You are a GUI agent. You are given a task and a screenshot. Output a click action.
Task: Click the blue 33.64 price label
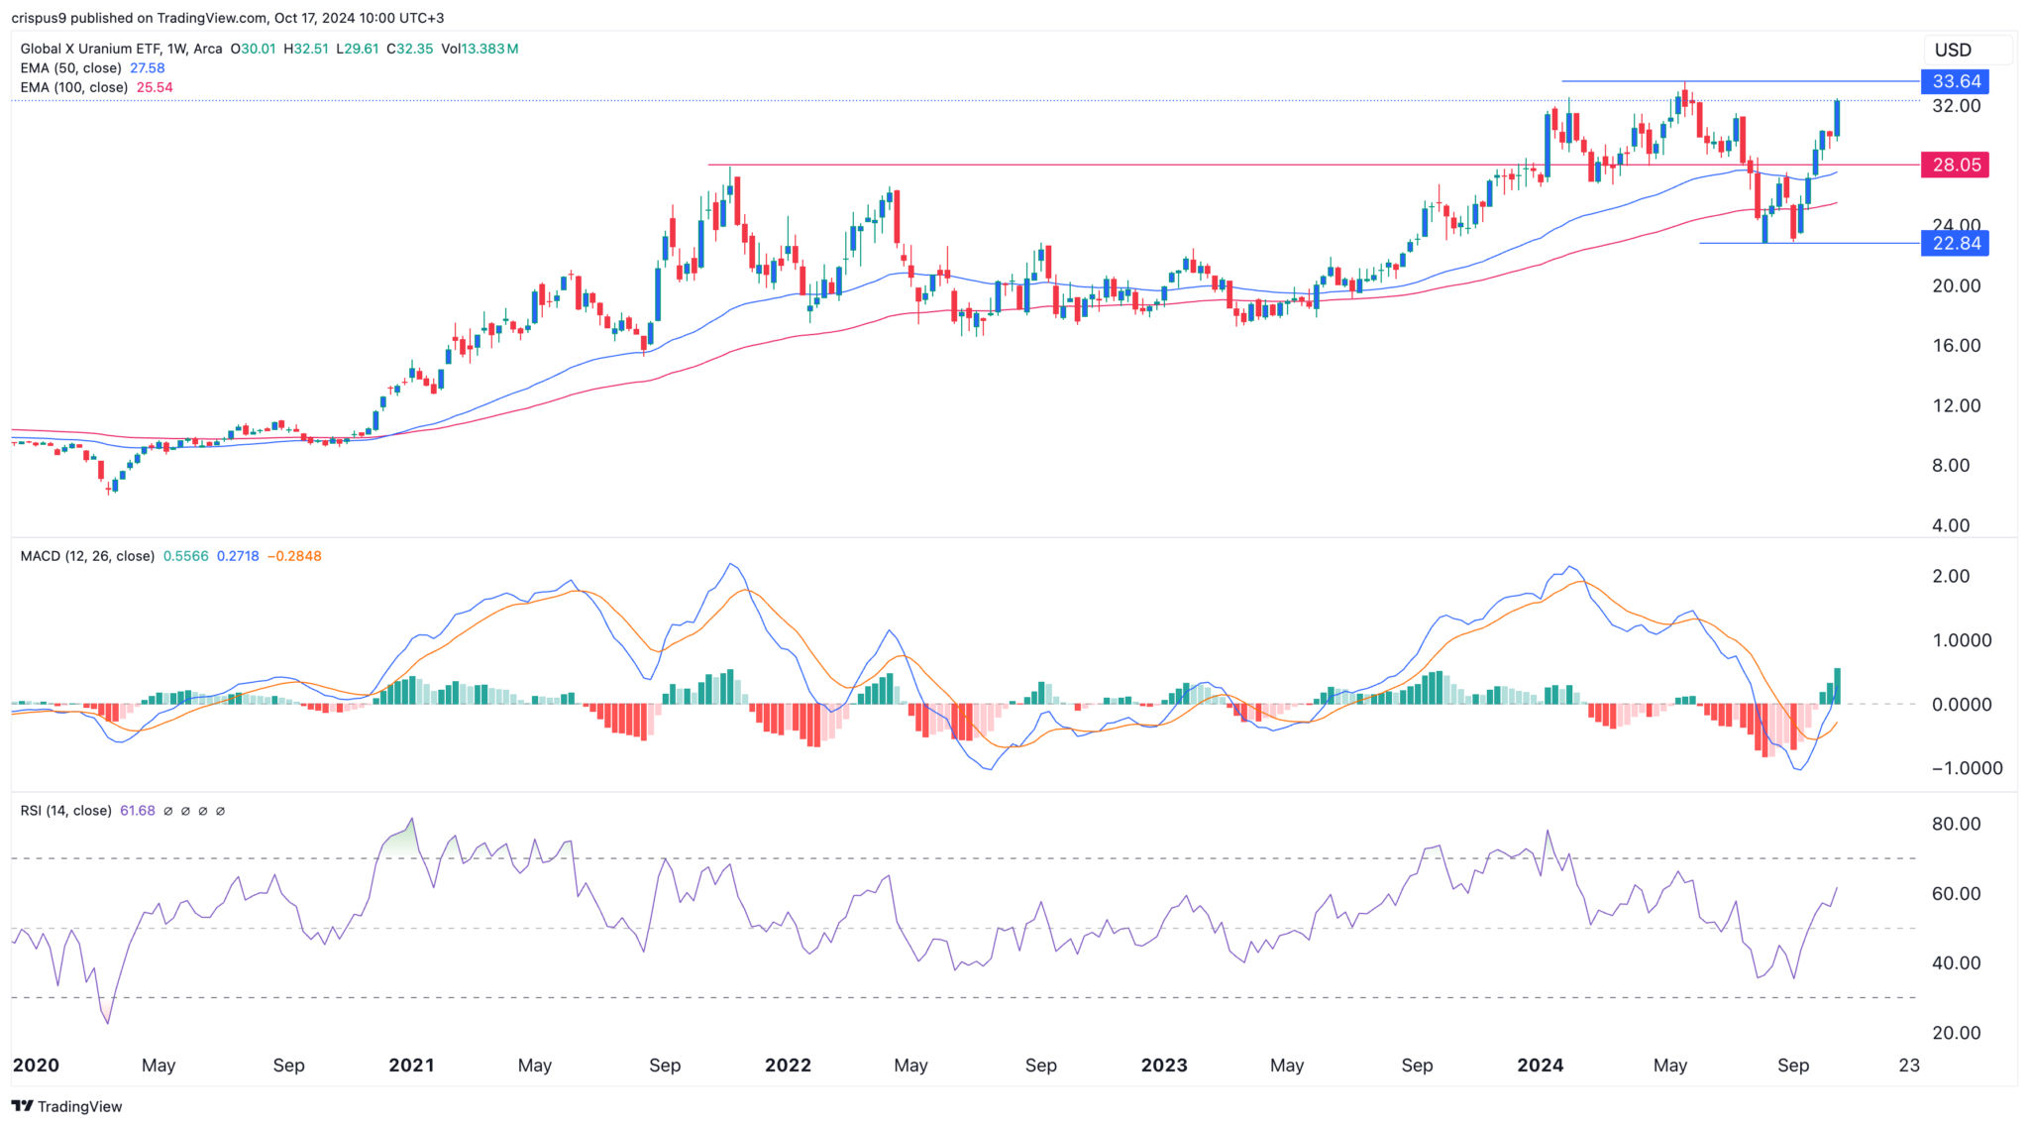pos(1955,81)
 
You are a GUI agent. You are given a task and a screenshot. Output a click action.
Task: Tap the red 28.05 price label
pos(1955,165)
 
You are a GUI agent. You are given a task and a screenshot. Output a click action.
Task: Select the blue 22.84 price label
pos(1955,243)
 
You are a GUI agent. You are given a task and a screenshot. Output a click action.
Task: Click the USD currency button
pos(1953,50)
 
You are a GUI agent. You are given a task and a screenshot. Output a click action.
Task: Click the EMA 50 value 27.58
pos(147,68)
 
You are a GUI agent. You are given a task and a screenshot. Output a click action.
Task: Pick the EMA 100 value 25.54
pos(155,87)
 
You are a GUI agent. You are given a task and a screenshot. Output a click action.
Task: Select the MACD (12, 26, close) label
pos(87,556)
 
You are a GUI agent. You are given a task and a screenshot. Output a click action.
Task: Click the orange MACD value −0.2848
pos(294,556)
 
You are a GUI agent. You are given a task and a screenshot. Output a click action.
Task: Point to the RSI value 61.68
pos(138,811)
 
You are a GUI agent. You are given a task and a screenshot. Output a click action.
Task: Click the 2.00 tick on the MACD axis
pos(1951,577)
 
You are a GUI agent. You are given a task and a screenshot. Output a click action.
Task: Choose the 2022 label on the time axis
pos(788,1066)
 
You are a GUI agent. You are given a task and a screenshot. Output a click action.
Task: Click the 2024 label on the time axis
pos(1540,1066)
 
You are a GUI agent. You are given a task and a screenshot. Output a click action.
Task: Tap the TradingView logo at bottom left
pos(66,1106)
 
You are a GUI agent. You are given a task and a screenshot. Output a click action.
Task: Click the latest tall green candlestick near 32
pos(1838,118)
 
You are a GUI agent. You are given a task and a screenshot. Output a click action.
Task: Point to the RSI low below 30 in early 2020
pos(107,1020)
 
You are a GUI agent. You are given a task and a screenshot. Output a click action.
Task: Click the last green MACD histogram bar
pos(1838,686)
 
